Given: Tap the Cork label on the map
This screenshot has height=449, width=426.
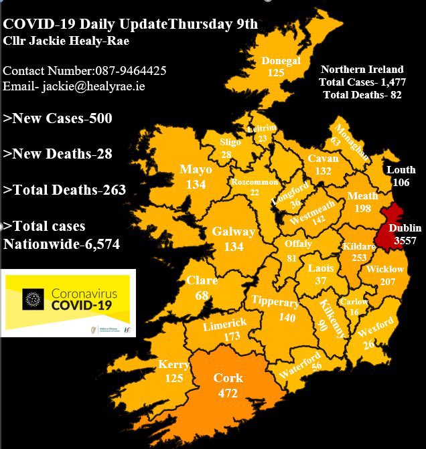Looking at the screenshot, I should (228, 378).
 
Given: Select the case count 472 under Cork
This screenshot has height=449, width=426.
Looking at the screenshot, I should (228, 393).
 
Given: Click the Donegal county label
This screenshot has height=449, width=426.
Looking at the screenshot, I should (281, 60).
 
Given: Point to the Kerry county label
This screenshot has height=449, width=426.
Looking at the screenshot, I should (173, 365).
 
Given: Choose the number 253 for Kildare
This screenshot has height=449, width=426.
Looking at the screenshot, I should (358, 258).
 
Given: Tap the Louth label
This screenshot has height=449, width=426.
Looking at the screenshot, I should (401, 170).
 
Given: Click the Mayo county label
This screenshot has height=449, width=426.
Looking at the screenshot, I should (196, 170).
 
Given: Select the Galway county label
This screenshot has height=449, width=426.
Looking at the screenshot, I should (233, 232).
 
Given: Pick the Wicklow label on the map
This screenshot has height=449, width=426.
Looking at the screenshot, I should (385, 269).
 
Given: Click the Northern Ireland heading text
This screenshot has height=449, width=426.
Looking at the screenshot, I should (362, 70).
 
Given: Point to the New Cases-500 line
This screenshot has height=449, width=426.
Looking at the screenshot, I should (58, 118).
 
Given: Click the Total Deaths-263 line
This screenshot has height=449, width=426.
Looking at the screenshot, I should (64, 190).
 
